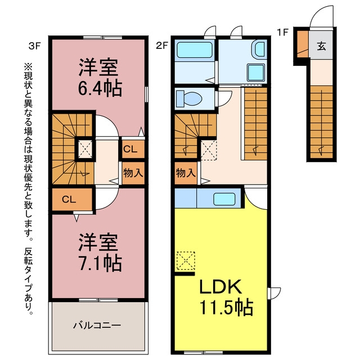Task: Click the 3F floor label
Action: click(x=35, y=46)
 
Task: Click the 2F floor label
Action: click(x=163, y=46)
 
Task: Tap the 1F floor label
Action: click(x=282, y=32)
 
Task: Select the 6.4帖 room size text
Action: click(x=100, y=88)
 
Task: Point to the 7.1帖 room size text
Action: click(x=100, y=263)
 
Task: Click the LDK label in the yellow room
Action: click(x=220, y=286)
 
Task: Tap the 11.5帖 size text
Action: click(x=226, y=308)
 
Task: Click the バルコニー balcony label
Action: click(x=97, y=325)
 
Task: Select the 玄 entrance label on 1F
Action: click(x=321, y=46)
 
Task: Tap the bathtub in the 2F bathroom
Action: click(x=195, y=50)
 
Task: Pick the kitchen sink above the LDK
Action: click(x=224, y=199)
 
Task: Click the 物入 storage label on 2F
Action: click(x=186, y=173)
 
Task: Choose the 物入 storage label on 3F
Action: click(x=133, y=173)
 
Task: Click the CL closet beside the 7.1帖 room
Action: click(x=69, y=199)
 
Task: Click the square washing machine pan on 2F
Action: click(x=256, y=72)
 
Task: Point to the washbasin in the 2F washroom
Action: click(x=259, y=49)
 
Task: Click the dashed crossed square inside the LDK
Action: click(x=186, y=261)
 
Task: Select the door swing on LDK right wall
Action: click(x=275, y=293)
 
